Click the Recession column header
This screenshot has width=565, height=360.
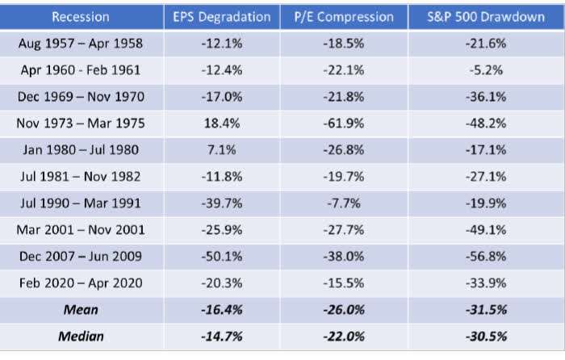81,17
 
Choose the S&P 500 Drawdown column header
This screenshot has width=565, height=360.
486,17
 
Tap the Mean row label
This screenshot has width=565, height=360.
81,309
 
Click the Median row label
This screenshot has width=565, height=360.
81,336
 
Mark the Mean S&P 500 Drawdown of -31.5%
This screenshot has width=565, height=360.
486,309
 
